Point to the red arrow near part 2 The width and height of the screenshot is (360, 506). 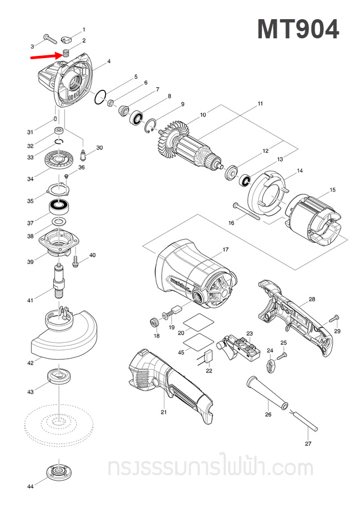(45, 55)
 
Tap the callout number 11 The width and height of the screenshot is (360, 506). (261, 104)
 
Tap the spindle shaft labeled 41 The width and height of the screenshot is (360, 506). (58, 280)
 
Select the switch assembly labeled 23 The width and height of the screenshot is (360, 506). (241, 348)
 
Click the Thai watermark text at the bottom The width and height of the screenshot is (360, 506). (210, 469)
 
